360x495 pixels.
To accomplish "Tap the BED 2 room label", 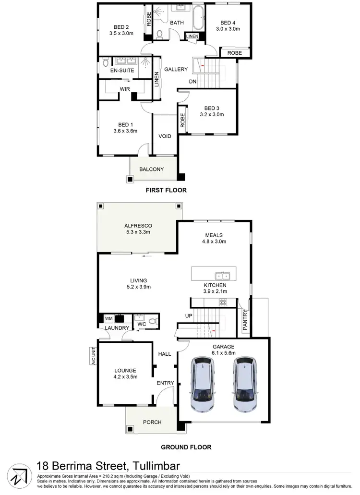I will tap(121, 27).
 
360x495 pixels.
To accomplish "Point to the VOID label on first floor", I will tap(165, 136).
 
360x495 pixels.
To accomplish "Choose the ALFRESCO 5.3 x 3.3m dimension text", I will tap(138, 232).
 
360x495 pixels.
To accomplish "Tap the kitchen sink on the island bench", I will tap(222, 276).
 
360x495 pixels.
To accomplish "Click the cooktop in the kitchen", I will tap(223, 302).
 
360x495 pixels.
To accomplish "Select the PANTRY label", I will tap(245, 320).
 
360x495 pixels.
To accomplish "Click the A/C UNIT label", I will tap(94, 356).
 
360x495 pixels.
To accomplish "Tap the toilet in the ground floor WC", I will tap(153, 321).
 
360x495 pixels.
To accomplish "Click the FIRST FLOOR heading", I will tap(166, 190).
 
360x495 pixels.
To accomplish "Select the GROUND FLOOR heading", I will tap(186, 447).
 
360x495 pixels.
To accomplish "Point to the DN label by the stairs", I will tap(192, 82).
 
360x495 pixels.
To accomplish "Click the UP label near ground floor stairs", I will tap(189, 315).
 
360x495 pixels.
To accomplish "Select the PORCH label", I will tap(152, 423).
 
